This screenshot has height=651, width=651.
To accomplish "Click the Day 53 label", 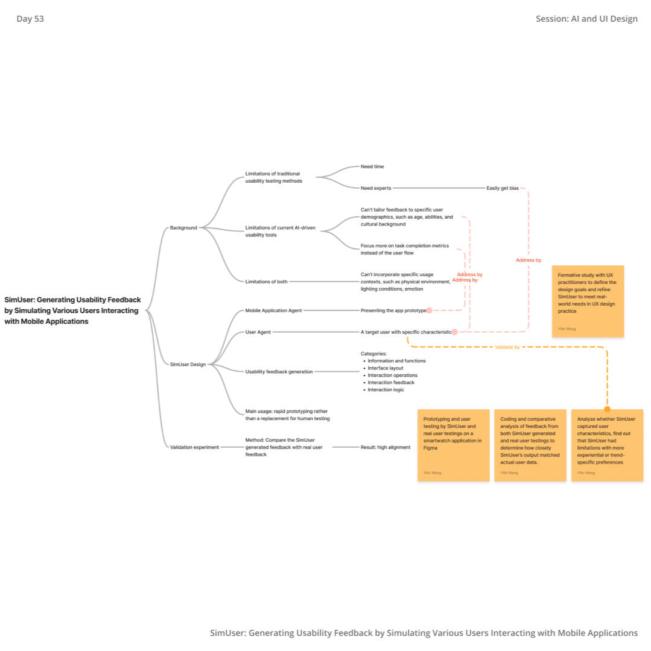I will pos(30,19).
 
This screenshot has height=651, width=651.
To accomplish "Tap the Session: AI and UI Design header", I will pos(586,19).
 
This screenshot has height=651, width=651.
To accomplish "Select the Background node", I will pos(183,227).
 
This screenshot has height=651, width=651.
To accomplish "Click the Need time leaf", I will pos(372,166).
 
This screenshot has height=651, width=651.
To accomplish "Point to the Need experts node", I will pos(376,188).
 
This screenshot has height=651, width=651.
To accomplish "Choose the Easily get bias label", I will pos(503,188).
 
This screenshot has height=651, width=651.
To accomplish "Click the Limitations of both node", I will pos(266,281).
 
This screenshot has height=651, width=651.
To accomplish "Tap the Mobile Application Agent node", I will pos(273,310).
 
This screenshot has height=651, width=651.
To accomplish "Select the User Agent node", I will pos(258,332).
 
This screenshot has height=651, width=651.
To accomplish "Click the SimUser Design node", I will pos(188,364).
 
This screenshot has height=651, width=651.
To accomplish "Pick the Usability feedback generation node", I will pos(279,371).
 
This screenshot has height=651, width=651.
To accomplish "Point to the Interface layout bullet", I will pos(385,368).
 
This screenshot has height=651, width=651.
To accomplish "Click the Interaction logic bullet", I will pos(386,389).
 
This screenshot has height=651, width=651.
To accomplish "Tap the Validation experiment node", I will pos(194,447).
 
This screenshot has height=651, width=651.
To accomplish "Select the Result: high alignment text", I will pos(386,447).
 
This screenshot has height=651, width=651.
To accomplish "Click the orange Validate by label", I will pos(507,347).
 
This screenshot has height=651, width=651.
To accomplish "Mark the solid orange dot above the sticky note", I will pos(607,409).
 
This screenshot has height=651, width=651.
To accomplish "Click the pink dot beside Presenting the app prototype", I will pos(429,310).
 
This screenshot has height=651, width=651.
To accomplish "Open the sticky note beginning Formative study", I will pos(588,301).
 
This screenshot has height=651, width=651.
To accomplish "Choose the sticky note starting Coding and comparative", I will pos(530,445).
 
